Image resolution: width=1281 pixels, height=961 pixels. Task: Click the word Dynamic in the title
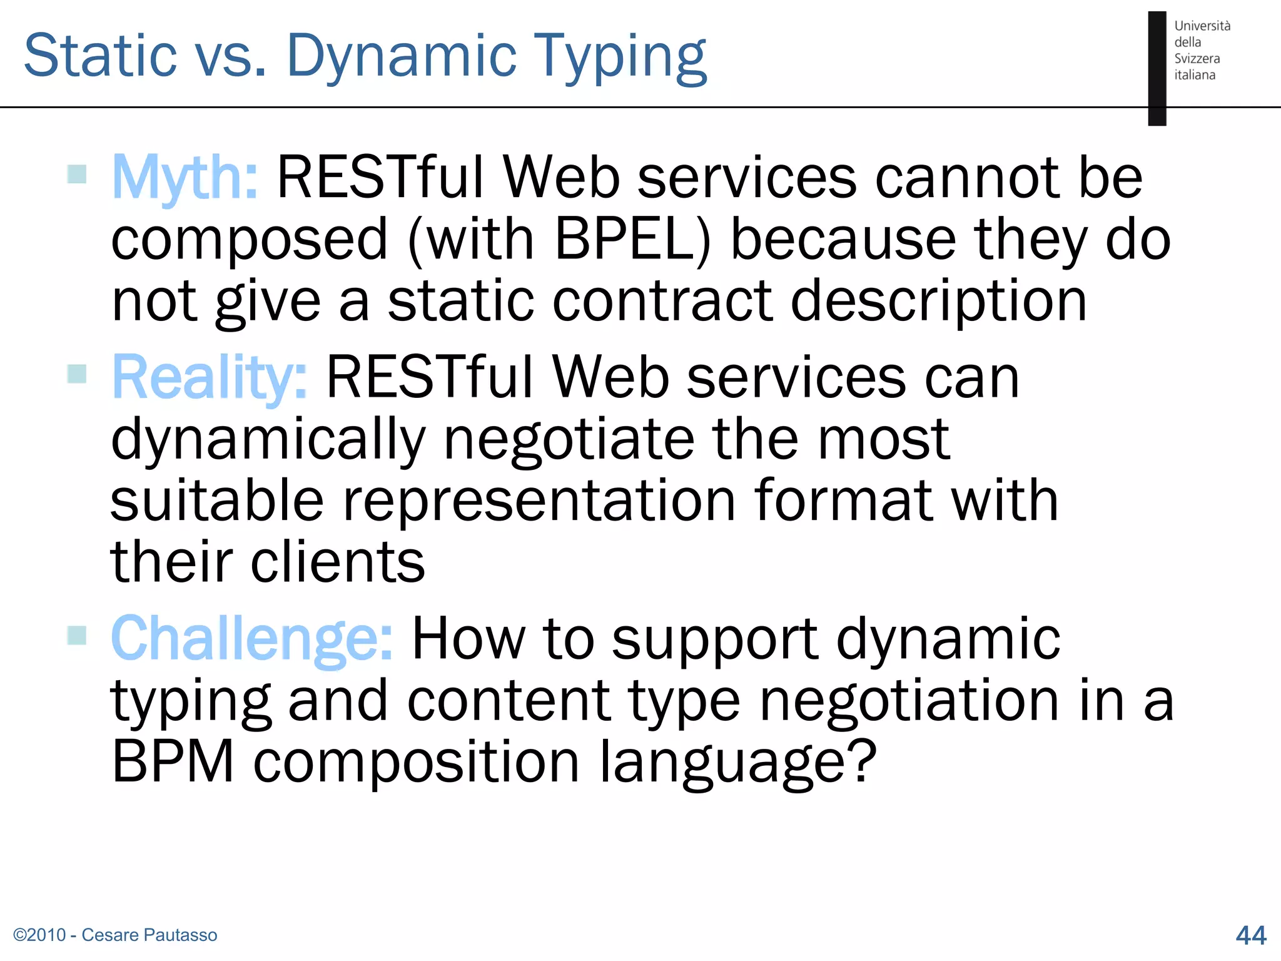click(401, 56)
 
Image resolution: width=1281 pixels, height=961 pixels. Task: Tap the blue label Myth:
click(185, 178)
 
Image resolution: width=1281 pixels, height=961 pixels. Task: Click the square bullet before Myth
click(76, 174)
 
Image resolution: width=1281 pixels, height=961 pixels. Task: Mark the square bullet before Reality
click(76, 374)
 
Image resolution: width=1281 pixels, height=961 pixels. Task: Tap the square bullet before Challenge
click(76, 635)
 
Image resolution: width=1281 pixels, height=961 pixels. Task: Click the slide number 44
click(1250, 935)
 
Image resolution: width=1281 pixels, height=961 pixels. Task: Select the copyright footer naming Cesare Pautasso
click(115, 935)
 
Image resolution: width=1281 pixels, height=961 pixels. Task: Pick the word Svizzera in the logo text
click(1197, 58)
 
